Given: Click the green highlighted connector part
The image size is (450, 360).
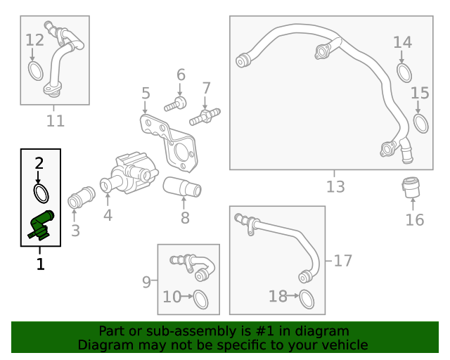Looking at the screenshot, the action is pyautogui.click(x=41, y=224).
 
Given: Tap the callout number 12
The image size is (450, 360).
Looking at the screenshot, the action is pyautogui.click(x=34, y=40).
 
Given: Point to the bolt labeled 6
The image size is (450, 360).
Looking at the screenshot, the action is pyautogui.click(x=175, y=105).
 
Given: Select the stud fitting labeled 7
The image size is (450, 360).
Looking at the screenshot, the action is pyautogui.click(x=205, y=117).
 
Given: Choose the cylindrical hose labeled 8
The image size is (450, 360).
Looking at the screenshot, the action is pyautogui.click(x=182, y=187).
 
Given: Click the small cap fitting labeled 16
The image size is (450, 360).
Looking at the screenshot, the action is pyautogui.click(x=411, y=188).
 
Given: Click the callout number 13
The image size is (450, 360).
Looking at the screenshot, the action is pyautogui.click(x=335, y=186).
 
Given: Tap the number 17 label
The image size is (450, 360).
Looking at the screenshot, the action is pyautogui.click(x=343, y=261).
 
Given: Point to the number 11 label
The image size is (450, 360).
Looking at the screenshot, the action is pyautogui.click(x=56, y=120).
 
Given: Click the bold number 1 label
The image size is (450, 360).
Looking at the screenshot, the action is pyautogui.click(x=41, y=264).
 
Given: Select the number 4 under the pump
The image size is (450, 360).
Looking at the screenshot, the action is pyautogui.click(x=108, y=215).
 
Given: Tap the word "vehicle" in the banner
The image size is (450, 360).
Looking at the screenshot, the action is pyautogui.click(x=347, y=345).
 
